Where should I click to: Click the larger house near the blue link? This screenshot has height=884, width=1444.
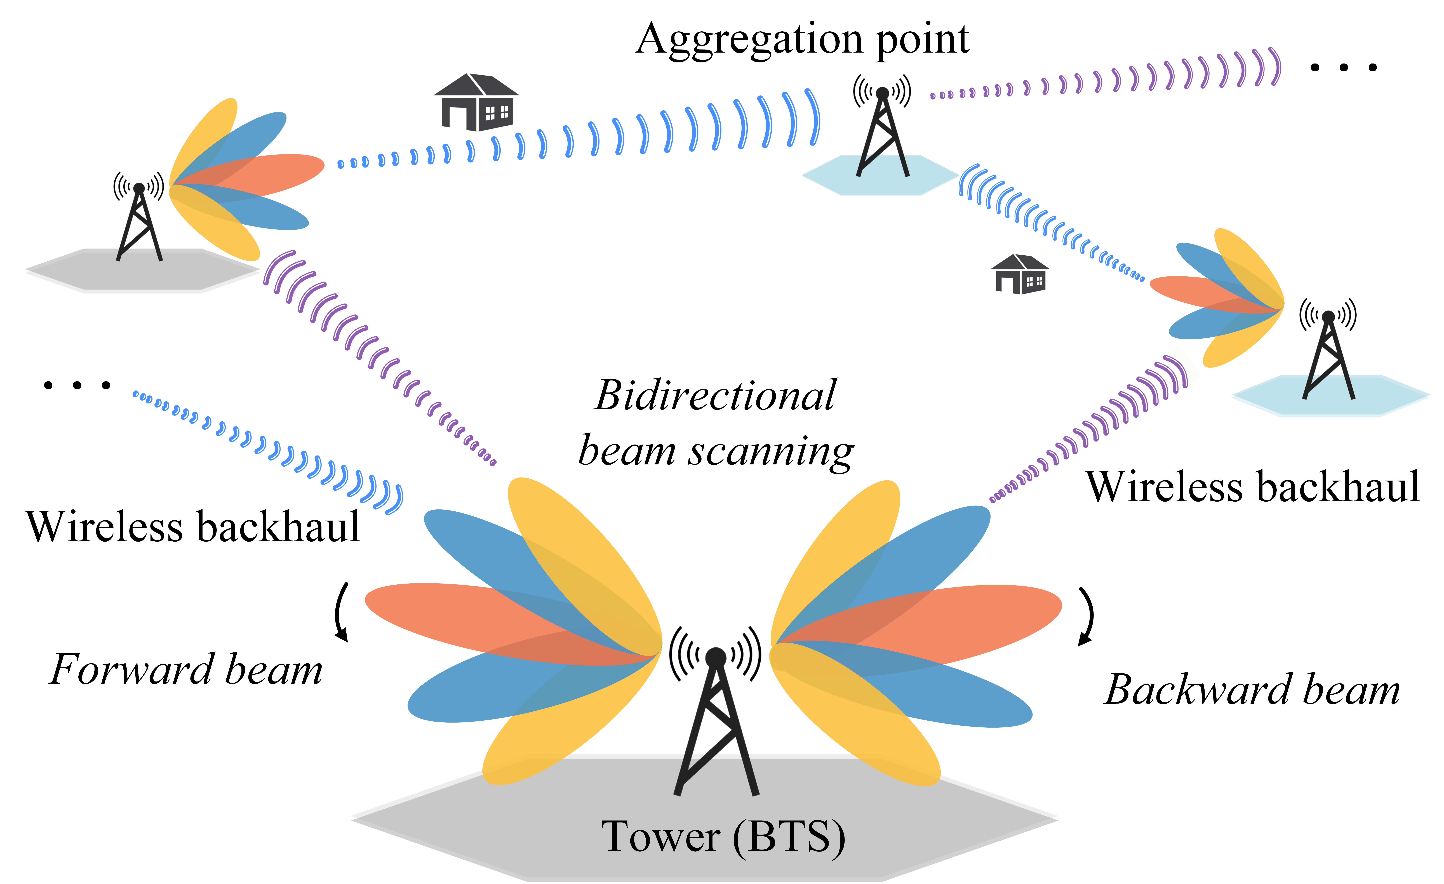[x=476, y=103]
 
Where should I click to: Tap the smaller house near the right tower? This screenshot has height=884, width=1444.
[x=1020, y=274]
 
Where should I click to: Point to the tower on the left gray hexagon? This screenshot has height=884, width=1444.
[x=140, y=223]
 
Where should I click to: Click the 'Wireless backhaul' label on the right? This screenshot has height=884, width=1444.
[x=1253, y=486]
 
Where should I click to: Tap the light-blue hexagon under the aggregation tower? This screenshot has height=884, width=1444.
[x=832, y=176]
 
